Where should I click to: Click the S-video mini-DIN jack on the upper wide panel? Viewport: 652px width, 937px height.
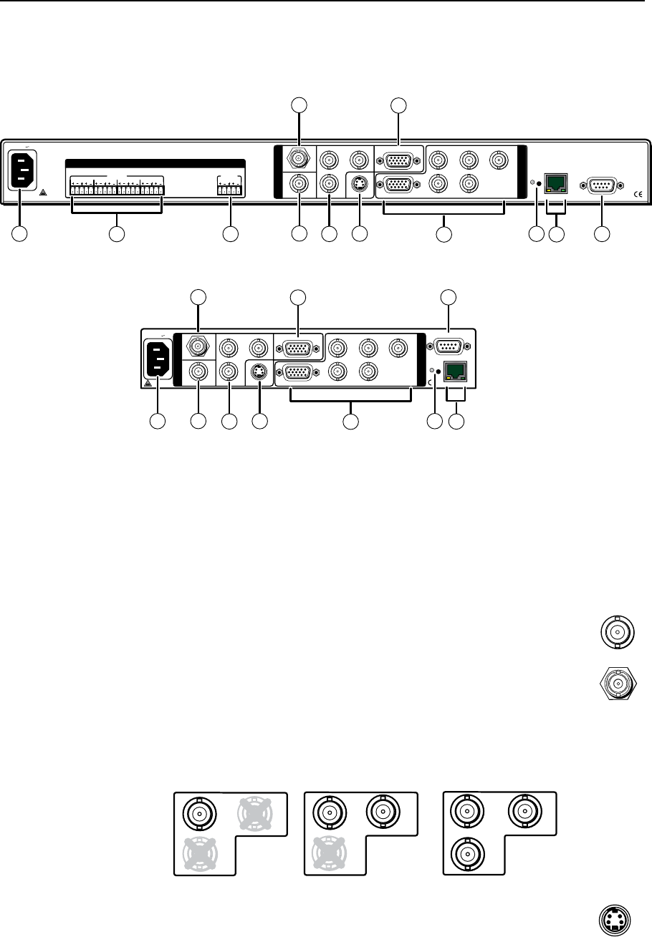click(360, 185)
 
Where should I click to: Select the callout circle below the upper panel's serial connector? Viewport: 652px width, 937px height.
click(602, 233)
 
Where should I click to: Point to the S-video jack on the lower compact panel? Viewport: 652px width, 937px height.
click(259, 372)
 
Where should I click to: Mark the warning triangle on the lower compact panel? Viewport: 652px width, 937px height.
click(148, 382)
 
